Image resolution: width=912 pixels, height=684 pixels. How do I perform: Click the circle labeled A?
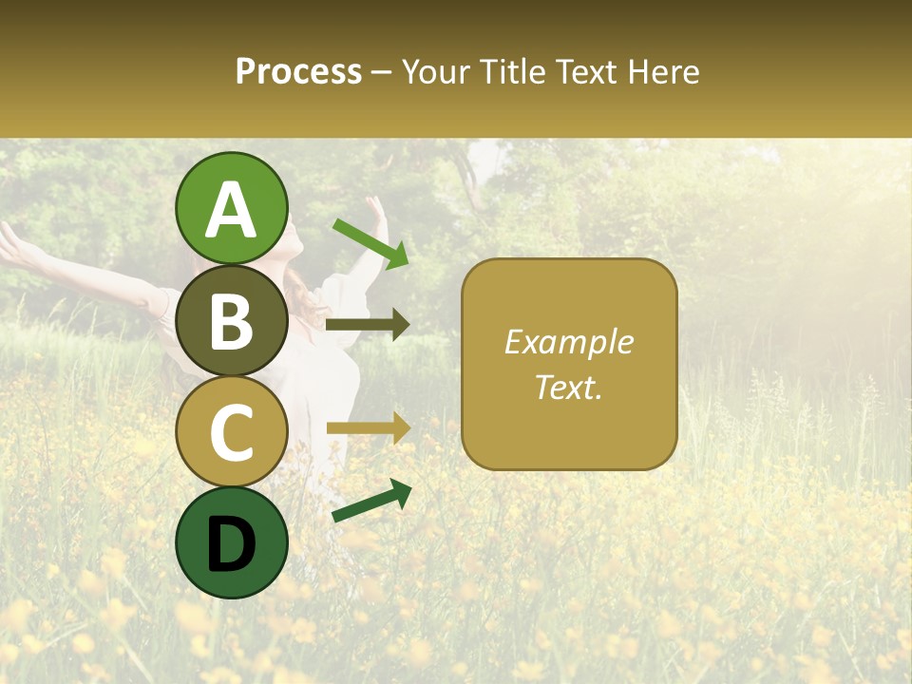tap(232, 208)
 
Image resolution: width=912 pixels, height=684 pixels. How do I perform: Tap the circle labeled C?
tap(232, 431)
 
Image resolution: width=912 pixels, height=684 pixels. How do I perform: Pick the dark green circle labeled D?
tap(232, 542)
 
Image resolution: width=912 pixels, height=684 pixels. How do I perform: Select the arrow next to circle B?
tap(368, 325)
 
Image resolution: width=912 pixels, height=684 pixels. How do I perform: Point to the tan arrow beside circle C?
tap(368, 428)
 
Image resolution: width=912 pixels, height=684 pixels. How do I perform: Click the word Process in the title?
tap(298, 72)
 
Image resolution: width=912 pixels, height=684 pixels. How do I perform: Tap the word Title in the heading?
tap(513, 72)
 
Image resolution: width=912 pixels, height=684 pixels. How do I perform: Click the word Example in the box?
tap(569, 342)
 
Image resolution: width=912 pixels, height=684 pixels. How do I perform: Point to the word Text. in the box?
tap(569, 387)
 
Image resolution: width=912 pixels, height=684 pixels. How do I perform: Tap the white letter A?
tap(232, 210)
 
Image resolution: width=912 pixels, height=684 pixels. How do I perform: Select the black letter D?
tap(232, 544)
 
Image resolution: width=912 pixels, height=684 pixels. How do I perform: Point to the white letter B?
tap(232, 322)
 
